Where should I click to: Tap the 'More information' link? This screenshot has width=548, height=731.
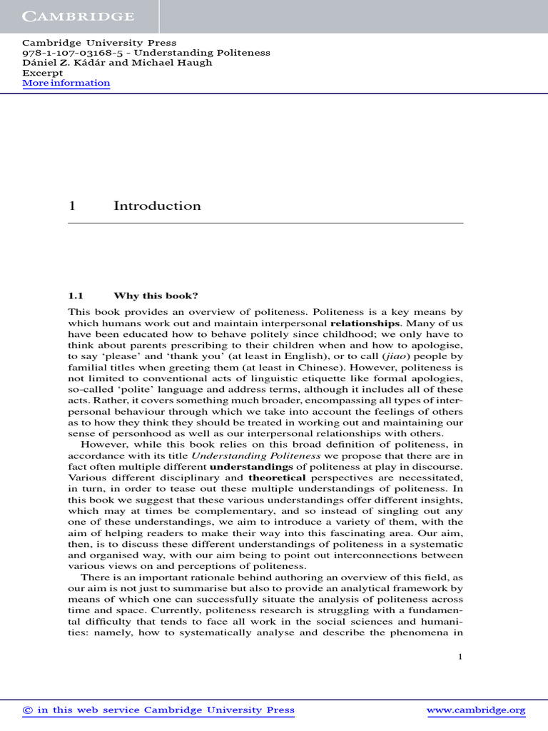[x=66, y=83]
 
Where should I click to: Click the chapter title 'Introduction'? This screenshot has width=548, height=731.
[x=157, y=206]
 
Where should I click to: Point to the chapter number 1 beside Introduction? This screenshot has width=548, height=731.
[x=71, y=206]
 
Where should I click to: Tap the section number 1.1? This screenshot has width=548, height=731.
[x=76, y=295]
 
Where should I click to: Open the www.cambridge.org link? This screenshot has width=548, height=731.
[x=476, y=710]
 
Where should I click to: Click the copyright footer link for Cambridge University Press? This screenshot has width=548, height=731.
[x=158, y=710]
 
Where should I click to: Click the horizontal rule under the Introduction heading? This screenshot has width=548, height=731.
[x=265, y=223]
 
